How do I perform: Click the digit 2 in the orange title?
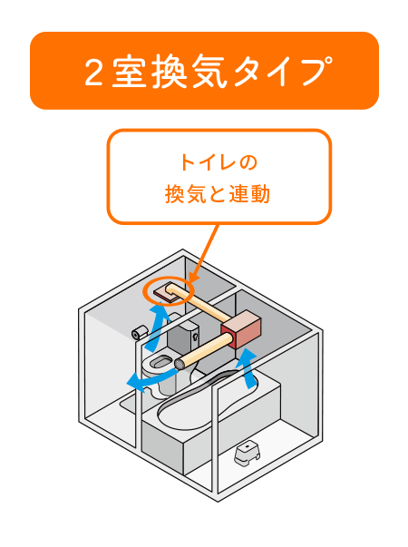[x=93, y=72]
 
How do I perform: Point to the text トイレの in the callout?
[x=219, y=162]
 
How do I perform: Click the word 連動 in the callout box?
[x=249, y=194]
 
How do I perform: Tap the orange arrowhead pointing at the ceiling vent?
[x=193, y=277]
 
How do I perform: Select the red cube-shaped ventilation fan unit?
[x=241, y=329]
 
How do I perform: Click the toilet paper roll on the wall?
[x=140, y=332]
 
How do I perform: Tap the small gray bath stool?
[x=248, y=454]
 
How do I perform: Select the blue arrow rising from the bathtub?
[x=248, y=368]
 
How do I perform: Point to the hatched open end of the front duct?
[x=180, y=365]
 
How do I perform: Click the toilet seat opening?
[x=160, y=361]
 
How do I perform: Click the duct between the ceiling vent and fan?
[x=200, y=303]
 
